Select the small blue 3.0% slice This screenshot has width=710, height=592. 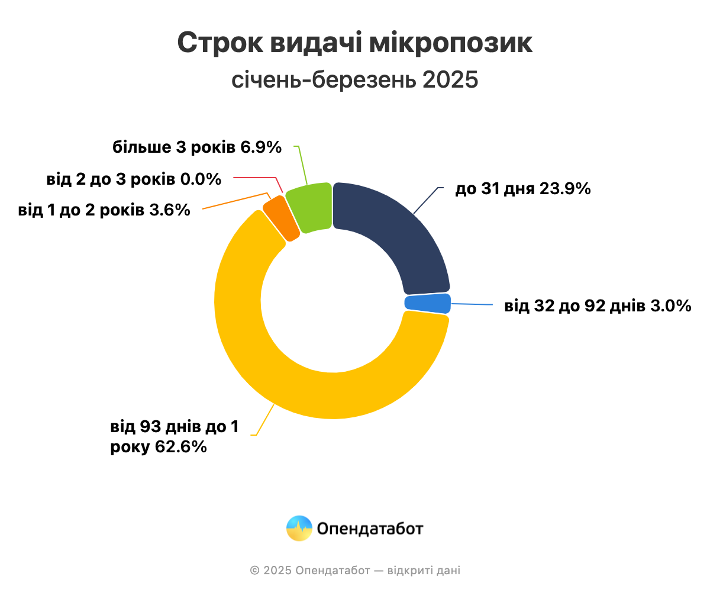click(x=428, y=303)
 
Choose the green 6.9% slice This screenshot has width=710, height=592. click(x=311, y=208)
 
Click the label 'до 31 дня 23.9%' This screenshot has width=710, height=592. click(x=522, y=189)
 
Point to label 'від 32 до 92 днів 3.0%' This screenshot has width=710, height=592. click(x=598, y=306)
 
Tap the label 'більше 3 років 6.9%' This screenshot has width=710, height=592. click(x=197, y=147)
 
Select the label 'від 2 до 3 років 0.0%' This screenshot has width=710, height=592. click(x=134, y=178)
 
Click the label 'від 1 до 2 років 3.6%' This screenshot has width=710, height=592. click(x=104, y=210)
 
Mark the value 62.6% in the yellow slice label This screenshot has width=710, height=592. click(x=180, y=447)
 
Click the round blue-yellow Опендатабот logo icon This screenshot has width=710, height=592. click(x=299, y=528)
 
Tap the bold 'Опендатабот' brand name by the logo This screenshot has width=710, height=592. click(x=370, y=528)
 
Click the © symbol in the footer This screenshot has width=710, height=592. click(x=254, y=571)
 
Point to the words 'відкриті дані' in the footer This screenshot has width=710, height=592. click(x=424, y=571)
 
